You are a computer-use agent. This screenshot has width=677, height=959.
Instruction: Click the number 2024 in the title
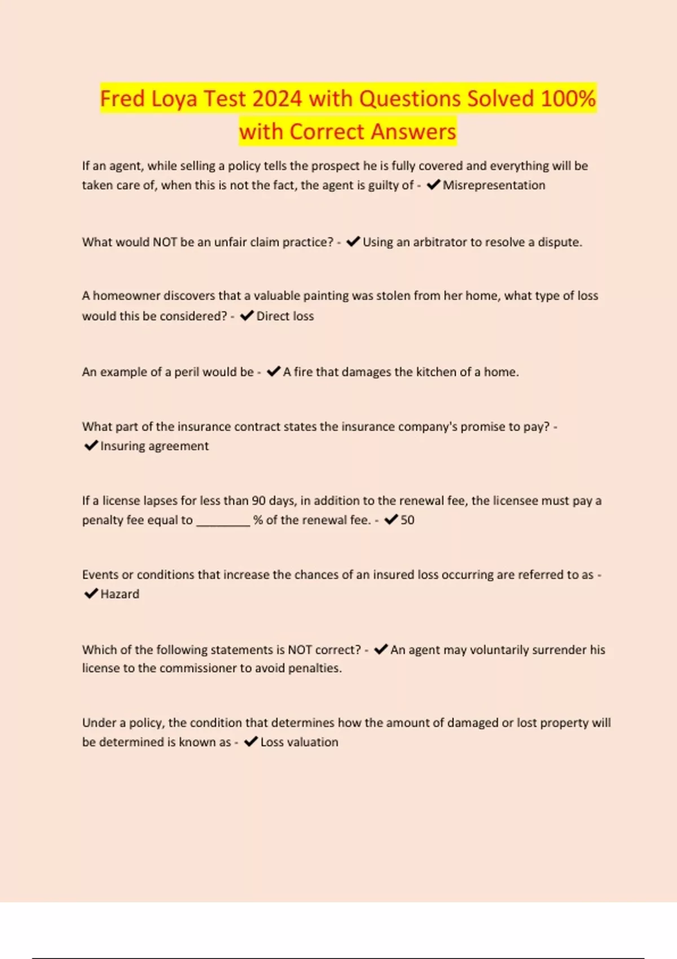[x=277, y=99]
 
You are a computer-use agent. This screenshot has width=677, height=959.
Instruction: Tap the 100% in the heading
[x=568, y=99]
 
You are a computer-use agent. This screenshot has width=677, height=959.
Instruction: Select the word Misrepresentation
[x=494, y=185]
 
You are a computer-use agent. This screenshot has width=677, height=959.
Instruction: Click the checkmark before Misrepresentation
[x=433, y=184]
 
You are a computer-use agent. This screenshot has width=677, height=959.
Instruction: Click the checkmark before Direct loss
[x=247, y=315]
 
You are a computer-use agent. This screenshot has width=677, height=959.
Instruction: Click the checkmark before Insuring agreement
[x=91, y=446]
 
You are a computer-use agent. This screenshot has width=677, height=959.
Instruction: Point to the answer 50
[x=407, y=520]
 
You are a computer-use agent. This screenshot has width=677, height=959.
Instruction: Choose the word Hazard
[x=120, y=594]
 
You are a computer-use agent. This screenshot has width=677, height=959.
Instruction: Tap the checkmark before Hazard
[x=91, y=593]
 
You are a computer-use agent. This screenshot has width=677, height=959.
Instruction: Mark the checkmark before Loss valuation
[x=250, y=741]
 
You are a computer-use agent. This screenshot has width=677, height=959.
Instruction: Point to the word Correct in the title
[x=327, y=132]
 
